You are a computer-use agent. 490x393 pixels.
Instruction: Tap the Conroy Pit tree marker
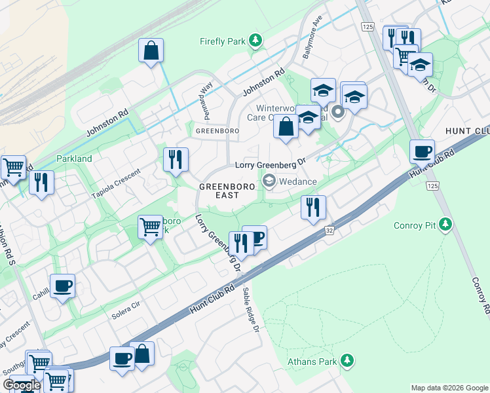[445, 225]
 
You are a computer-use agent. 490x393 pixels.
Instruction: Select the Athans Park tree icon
[347, 361]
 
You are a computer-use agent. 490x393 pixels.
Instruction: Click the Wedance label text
[297, 181]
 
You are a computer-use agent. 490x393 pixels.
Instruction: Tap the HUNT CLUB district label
[467, 130]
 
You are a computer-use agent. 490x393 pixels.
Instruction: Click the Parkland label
[74, 159]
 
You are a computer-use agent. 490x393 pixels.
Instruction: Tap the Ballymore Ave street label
[312, 42]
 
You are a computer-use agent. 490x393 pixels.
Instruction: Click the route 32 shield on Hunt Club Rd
[329, 231]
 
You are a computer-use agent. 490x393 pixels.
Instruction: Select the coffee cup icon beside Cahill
[62, 286]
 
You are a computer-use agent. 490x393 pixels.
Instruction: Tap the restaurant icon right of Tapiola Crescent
[176, 159]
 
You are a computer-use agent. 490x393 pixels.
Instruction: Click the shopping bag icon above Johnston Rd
[151, 50]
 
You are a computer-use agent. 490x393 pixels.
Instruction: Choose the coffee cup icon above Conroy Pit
[423, 151]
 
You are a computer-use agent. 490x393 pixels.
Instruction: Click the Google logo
[21, 385]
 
